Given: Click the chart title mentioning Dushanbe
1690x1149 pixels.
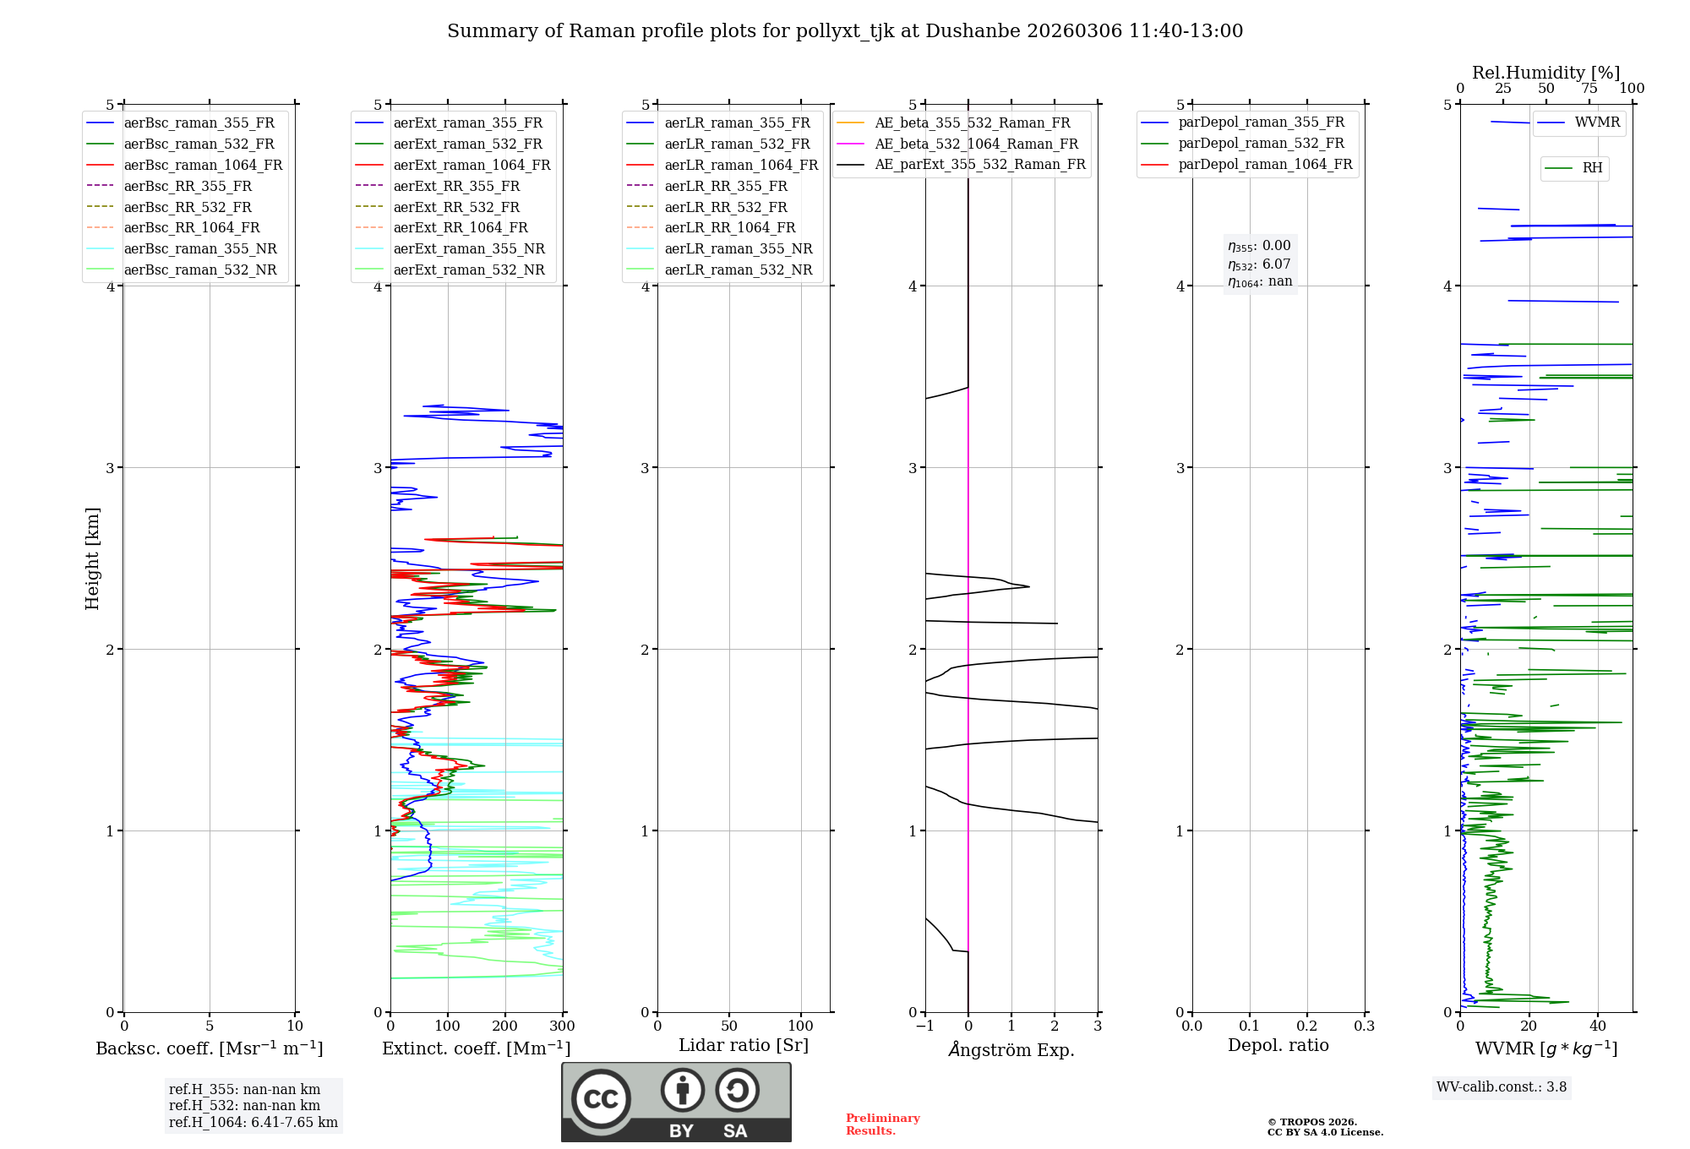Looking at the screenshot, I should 845,31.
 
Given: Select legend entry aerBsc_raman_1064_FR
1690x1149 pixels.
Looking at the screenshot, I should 203,166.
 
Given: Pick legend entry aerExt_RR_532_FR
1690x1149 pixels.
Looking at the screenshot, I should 456,207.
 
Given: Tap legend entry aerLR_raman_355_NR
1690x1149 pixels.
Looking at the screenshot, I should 738,249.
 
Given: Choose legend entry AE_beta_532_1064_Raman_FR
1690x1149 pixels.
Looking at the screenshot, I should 976,144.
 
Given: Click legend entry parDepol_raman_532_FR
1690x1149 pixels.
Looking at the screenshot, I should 1261,144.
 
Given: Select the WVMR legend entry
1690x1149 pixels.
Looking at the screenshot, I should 1596,123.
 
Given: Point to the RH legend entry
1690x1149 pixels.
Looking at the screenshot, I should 1592,168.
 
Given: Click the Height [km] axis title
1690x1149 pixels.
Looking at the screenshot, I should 92,558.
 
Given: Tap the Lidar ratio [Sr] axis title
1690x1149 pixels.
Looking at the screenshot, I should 744,1046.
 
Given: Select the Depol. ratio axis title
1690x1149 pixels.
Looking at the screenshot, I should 1278,1046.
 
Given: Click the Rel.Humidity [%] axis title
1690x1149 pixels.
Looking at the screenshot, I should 1546,73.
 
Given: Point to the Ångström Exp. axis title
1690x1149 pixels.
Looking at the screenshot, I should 1011,1050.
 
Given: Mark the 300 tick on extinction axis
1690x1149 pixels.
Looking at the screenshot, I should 563,1026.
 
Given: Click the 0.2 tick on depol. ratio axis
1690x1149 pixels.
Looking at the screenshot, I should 1306,1026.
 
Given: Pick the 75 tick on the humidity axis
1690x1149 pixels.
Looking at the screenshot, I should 1589,89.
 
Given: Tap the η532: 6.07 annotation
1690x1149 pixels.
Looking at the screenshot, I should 1259,264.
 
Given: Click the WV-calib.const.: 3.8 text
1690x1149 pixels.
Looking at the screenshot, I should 1502,1087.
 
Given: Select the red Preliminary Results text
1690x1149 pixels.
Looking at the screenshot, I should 882,1124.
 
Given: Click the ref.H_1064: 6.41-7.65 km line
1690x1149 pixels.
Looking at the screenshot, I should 253,1123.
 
